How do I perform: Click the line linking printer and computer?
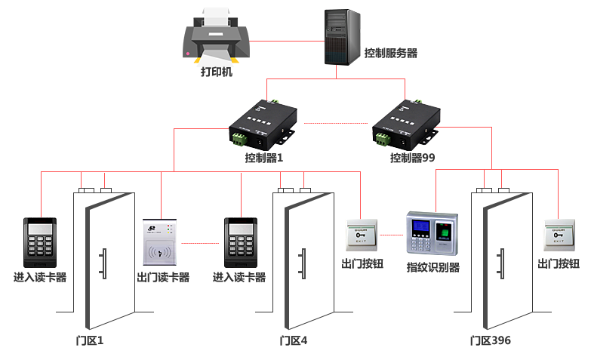click(286, 41)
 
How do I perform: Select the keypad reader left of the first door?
click(39, 242)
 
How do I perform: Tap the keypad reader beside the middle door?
click(241, 242)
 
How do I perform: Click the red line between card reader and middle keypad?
click(201, 243)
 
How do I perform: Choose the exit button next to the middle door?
click(361, 235)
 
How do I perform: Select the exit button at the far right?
click(559, 235)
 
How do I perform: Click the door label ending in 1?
click(90, 340)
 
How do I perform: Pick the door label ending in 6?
click(491, 340)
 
